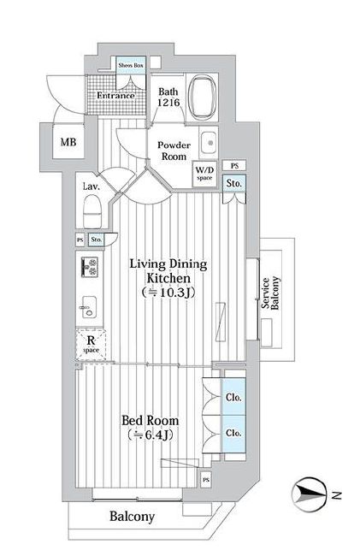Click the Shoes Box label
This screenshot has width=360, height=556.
click(x=131, y=65)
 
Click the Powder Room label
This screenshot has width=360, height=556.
click(x=173, y=151)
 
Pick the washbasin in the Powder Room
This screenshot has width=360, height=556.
click(x=208, y=144)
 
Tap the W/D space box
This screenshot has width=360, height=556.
click(x=205, y=174)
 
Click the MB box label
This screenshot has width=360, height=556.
click(x=68, y=143)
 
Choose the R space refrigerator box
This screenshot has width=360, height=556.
click(x=91, y=343)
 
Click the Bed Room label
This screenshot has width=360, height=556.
click(x=150, y=428)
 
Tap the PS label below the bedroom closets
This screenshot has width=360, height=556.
click(x=207, y=481)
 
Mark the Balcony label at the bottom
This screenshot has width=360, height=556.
click(x=132, y=516)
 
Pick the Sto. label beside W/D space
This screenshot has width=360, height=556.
click(x=232, y=182)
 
